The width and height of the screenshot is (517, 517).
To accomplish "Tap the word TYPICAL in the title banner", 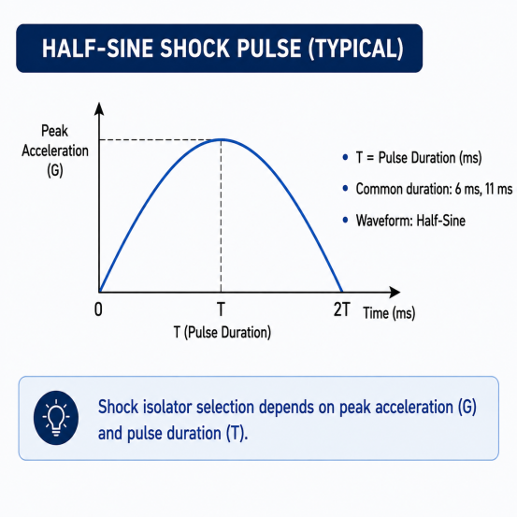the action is [355, 48].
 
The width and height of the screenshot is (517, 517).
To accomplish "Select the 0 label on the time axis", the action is [98, 309].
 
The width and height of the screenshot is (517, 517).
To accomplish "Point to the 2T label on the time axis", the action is [341, 309].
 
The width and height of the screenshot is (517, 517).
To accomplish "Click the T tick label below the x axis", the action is [221, 309].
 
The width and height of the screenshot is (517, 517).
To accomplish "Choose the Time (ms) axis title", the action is [389, 313].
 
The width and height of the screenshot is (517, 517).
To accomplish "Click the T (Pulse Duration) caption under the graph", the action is [223, 333].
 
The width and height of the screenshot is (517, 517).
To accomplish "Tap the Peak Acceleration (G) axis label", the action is [55, 151].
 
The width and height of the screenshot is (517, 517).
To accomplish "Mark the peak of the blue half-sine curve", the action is [222, 140].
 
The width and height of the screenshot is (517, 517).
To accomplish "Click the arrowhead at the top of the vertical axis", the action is [99, 108].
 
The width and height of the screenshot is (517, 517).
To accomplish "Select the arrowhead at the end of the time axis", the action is [395, 292].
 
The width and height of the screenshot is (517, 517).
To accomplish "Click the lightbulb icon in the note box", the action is [56, 418].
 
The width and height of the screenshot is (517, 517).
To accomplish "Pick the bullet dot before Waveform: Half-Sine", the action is [345, 220].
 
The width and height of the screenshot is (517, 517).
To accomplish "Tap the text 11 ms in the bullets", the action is [499, 189].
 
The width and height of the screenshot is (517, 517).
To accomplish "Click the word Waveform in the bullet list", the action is [384, 221].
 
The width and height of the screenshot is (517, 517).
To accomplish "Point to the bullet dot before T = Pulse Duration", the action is [345, 157].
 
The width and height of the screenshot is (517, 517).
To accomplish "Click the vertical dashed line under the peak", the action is [221, 216].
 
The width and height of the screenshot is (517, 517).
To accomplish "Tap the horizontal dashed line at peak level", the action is [160, 140].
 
